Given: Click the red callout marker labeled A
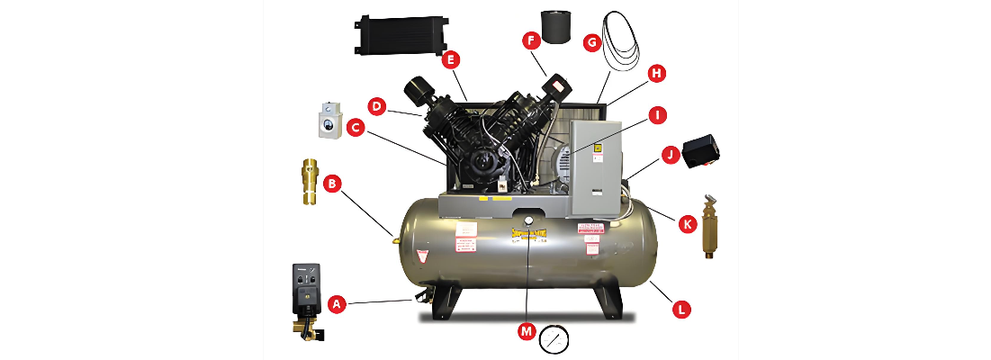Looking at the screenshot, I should [x=338, y=304].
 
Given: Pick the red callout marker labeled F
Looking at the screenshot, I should [x=531, y=40].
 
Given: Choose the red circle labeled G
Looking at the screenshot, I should [x=591, y=41].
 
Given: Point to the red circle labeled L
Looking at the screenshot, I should [x=681, y=309].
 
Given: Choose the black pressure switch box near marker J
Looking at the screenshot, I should [x=706, y=148].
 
